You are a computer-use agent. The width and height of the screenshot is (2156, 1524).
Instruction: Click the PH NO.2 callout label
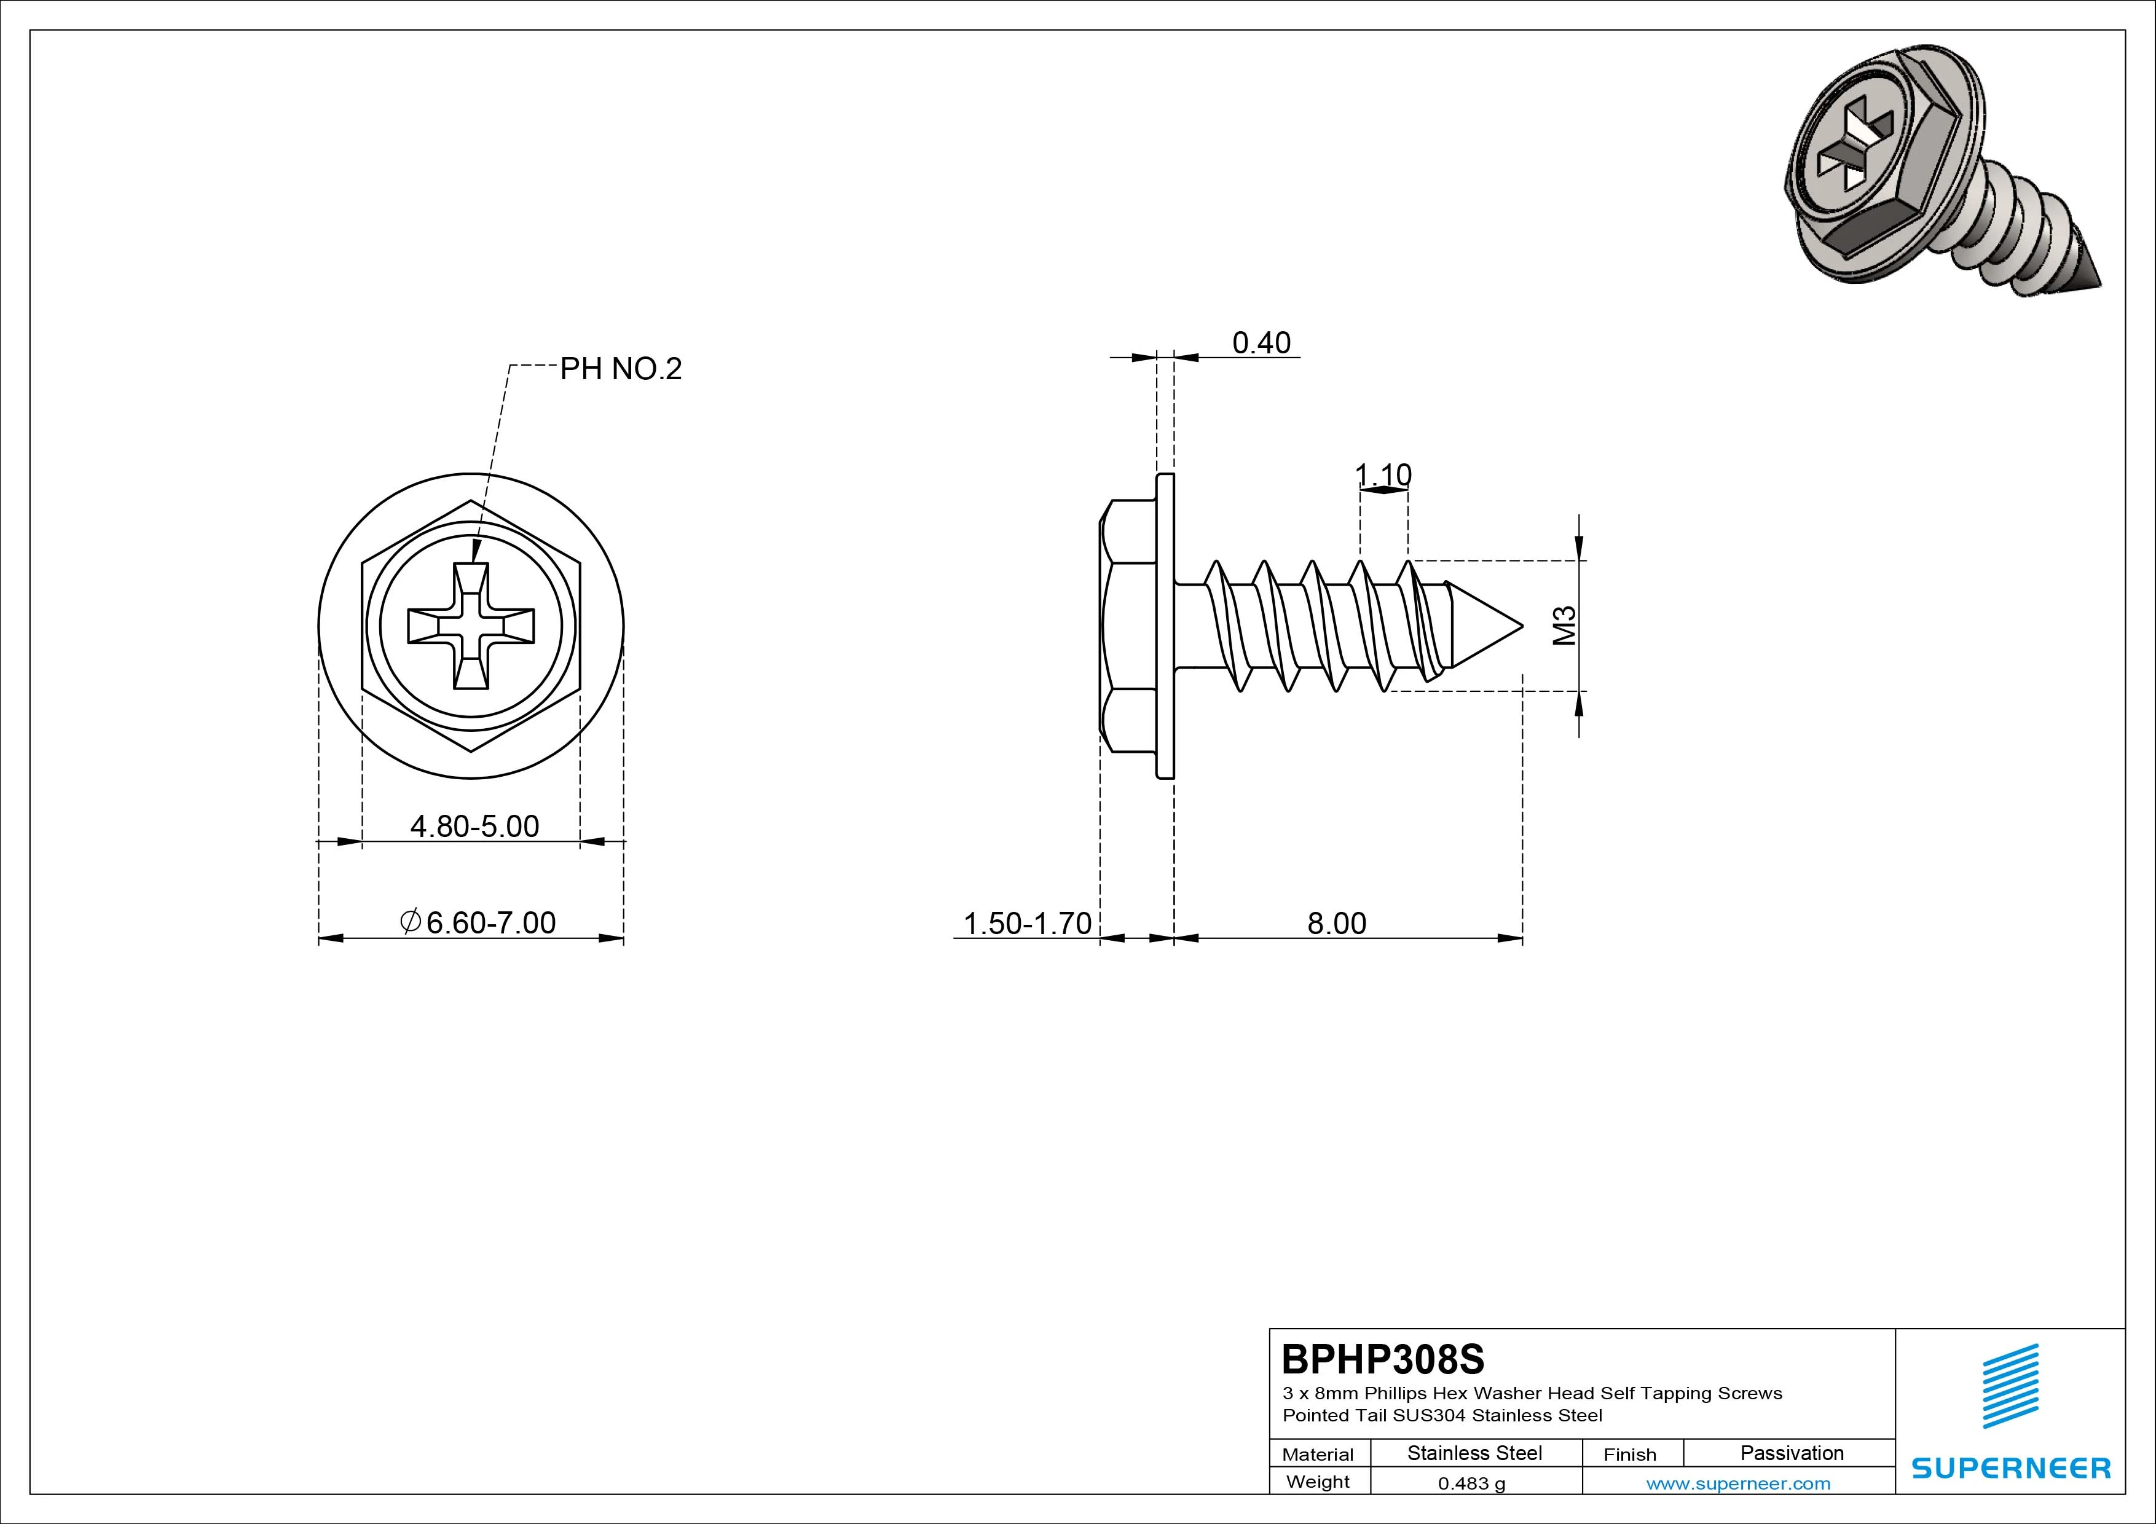[621, 369]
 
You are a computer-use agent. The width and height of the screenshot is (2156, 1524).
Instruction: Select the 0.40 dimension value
[1261, 343]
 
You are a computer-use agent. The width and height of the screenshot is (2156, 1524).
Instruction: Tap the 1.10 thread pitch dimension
[1383, 475]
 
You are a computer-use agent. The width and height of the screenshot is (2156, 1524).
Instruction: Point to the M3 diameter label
[1564, 626]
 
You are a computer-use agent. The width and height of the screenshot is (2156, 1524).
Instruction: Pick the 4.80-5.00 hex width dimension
[475, 827]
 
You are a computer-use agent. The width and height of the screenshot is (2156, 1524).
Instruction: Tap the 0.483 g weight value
[1471, 1483]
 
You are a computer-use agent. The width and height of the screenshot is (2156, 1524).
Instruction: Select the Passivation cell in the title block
[1792, 1453]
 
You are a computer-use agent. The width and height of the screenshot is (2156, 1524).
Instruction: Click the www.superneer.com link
[1738, 1483]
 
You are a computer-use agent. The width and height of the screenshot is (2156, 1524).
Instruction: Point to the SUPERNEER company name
[2010, 1467]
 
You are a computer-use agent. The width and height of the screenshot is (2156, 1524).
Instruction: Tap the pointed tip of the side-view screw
[1522, 626]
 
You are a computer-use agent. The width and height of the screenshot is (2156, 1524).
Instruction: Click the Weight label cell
[1318, 1482]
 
